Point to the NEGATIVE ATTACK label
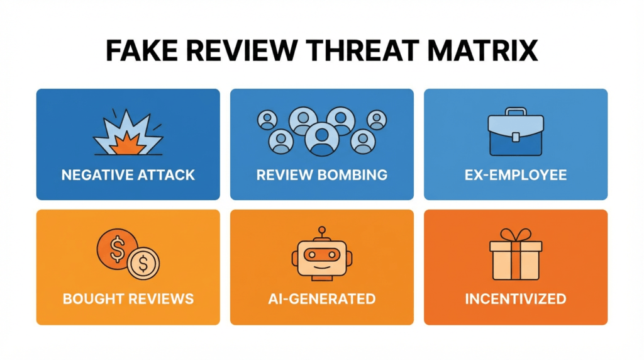[x=128, y=175]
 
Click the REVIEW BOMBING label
[x=321, y=175]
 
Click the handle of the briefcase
[x=515, y=111]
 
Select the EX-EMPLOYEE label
[x=515, y=175]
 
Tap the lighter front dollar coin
[x=143, y=262]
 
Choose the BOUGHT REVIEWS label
[x=128, y=298]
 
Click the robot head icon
[x=321, y=257]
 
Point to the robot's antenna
[x=321, y=232]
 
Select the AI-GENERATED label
[x=321, y=298]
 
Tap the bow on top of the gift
[x=515, y=235]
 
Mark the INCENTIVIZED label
[x=515, y=298]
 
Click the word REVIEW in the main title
[x=236, y=51]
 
